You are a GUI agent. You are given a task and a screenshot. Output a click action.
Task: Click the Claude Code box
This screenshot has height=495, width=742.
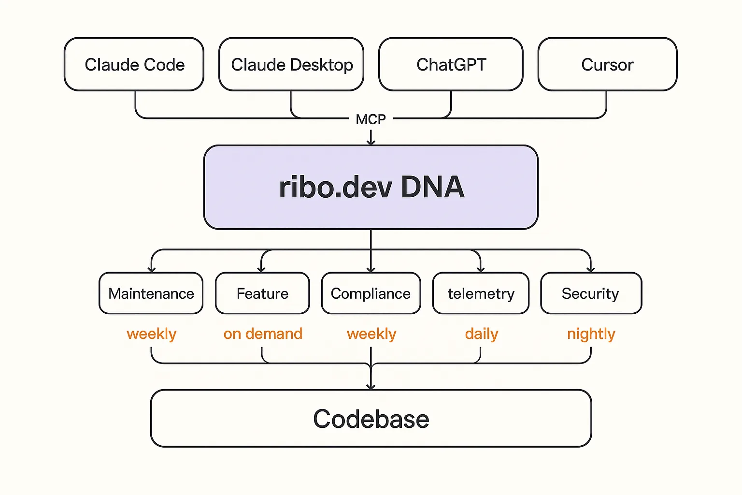coord(134,64)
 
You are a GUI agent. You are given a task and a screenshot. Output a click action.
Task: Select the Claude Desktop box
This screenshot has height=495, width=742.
coord(291,64)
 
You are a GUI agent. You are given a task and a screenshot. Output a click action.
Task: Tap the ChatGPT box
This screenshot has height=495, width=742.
coord(451,64)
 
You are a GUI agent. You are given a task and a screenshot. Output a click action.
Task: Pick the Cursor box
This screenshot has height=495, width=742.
coord(607,64)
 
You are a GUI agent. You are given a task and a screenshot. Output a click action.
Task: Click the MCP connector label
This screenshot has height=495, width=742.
coord(371,119)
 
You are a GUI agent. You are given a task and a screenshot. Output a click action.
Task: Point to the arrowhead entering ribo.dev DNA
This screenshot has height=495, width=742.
coord(371,142)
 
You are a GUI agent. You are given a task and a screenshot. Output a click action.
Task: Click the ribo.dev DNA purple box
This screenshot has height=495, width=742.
coord(371,187)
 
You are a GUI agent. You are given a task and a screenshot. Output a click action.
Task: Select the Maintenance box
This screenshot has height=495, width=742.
coord(151,293)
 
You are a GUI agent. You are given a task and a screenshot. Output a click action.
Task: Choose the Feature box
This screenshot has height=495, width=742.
coord(262,293)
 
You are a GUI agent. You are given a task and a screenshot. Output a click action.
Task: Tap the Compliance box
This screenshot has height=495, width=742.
coord(371,293)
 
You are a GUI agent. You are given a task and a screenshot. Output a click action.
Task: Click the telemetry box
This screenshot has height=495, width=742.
coord(481,293)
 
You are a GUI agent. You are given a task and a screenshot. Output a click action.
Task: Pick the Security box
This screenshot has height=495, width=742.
coord(591,293)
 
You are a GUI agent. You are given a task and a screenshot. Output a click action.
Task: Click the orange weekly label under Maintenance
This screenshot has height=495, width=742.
coord(151,334)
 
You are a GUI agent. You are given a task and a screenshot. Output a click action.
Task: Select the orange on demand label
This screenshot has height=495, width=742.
coord(263,334)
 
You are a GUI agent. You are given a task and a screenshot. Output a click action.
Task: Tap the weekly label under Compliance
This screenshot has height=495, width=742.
coord(371,334)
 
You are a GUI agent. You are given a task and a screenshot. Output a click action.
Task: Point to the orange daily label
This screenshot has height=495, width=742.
coord(481,334)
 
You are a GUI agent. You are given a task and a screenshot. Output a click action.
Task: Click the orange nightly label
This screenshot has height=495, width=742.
coord(591,334)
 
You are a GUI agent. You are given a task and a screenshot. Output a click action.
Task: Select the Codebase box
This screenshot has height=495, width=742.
coord(371,419)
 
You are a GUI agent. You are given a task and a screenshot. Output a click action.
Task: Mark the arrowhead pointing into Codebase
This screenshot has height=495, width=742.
coord(371,386)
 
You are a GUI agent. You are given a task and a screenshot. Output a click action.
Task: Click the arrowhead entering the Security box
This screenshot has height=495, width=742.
coord(591,269)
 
